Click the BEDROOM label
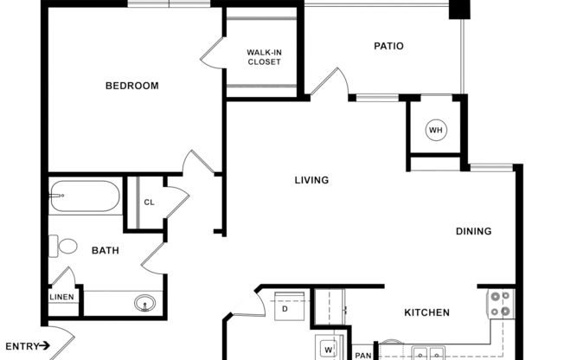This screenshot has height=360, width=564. pyautogui.click(x=132, y=86)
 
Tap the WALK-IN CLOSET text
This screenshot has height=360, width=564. pyautogui.click(x=264, y=57)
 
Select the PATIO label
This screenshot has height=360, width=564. pyautogui.click(x=389, y=47)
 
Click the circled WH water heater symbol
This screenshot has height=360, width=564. pyautogui.click(x=435, y=131)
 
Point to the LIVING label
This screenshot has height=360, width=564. pyautogui.click(x=311, y=181)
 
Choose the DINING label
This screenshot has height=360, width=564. pyautogui.click(x=474, y=231)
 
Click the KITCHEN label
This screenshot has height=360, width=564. pyautogui.click(x=427, y=312)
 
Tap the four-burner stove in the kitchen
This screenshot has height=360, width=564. pyautogui.click(x=500, y=304)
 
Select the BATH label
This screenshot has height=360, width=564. pyautogui.click(x=106, y=251)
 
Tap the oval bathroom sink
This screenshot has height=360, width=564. pyautogui.click(x=144, y=303)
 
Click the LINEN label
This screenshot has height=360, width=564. pyautogui.click(x=61, y=298)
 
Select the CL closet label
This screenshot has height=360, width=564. pyautogui.click(x=149, y=202)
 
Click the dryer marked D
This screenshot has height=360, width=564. pyautogui.click(x=285, y=309)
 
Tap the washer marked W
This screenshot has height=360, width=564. pyautogui.click(x=329, y=350)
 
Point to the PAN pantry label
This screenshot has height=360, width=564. pyautogui.click(x=362, y=354)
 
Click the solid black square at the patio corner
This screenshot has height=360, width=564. pyautogui.click(x=459, y=10)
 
